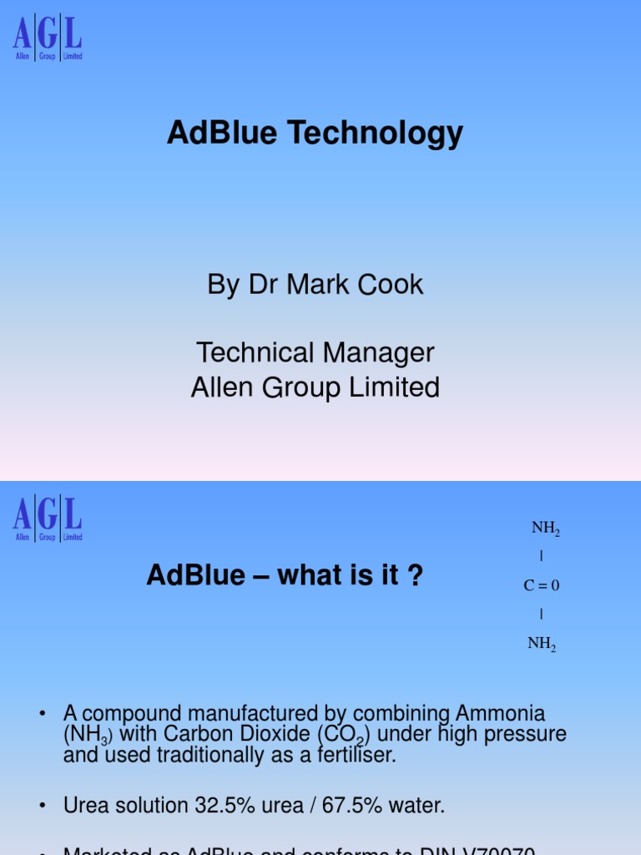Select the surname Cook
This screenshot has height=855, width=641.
391,285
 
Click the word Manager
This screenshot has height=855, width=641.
386,352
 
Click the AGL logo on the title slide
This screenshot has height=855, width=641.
48,38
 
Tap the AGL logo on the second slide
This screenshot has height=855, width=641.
48,519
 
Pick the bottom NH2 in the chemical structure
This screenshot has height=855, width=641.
542,645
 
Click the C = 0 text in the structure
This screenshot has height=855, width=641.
542,586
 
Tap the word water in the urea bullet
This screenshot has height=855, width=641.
415,806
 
